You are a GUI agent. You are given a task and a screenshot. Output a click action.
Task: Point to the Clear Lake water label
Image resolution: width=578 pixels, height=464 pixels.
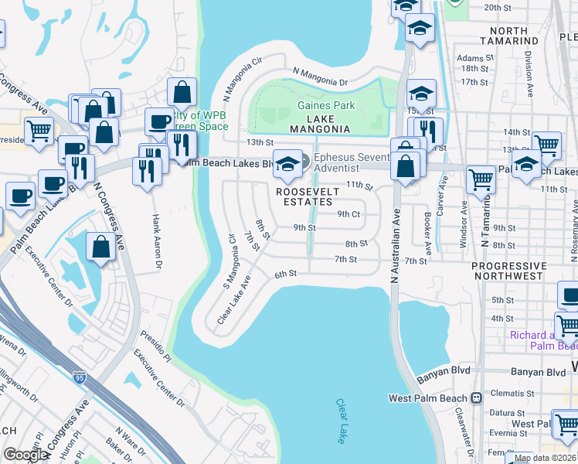point(341,421)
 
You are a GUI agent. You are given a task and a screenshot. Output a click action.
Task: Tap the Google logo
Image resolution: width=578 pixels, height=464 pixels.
point(25,455)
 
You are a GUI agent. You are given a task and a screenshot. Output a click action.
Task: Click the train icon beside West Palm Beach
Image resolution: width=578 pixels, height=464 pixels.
point(477,398)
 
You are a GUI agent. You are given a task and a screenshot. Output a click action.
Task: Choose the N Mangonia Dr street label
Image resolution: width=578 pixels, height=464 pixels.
point(320,80)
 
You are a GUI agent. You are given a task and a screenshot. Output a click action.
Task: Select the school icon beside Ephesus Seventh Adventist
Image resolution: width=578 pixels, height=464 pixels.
point(287,163)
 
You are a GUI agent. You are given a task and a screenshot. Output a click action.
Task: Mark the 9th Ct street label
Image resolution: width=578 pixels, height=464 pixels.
point(348,214)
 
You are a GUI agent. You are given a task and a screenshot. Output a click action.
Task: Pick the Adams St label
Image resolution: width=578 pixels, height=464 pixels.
point(475,58)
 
